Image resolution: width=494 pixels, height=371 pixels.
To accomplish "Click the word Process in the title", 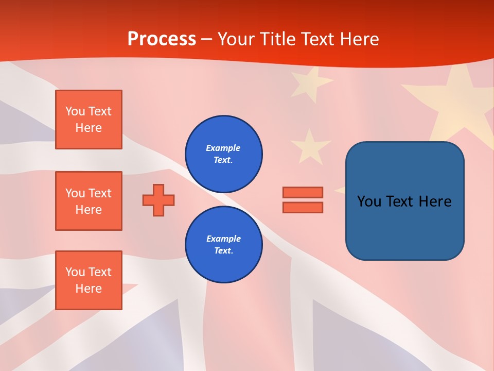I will [x=162, y=39].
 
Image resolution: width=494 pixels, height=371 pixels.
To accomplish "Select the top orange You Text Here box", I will [x=89, y=120].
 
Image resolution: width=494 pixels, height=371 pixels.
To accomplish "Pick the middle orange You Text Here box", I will [x=89, y=201].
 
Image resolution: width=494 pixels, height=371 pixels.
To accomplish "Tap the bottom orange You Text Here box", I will [x=89, y=280].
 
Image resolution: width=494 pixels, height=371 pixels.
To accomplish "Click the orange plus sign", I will [x=158, y=200].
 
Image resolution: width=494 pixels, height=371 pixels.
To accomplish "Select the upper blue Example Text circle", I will [x=223, y=154].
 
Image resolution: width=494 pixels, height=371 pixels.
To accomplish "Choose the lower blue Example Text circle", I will [x=223, y=245].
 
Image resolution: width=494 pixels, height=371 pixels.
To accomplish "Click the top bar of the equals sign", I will [x=303, y=192].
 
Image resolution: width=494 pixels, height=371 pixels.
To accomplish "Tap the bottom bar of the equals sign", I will [x=303, y=207].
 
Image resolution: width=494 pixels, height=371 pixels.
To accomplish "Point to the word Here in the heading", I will [x=358, y=39].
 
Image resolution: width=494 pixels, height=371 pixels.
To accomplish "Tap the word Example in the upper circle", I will [x=223, y=148].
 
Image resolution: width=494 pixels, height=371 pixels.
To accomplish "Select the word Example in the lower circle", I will [x=223, y=239].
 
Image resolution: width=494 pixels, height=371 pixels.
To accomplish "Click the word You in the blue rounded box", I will [x=369, y=201].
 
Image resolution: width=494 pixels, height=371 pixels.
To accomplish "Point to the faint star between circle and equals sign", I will [x=310, y=145].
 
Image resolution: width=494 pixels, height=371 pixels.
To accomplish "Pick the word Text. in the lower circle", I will [x=223, y=251].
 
